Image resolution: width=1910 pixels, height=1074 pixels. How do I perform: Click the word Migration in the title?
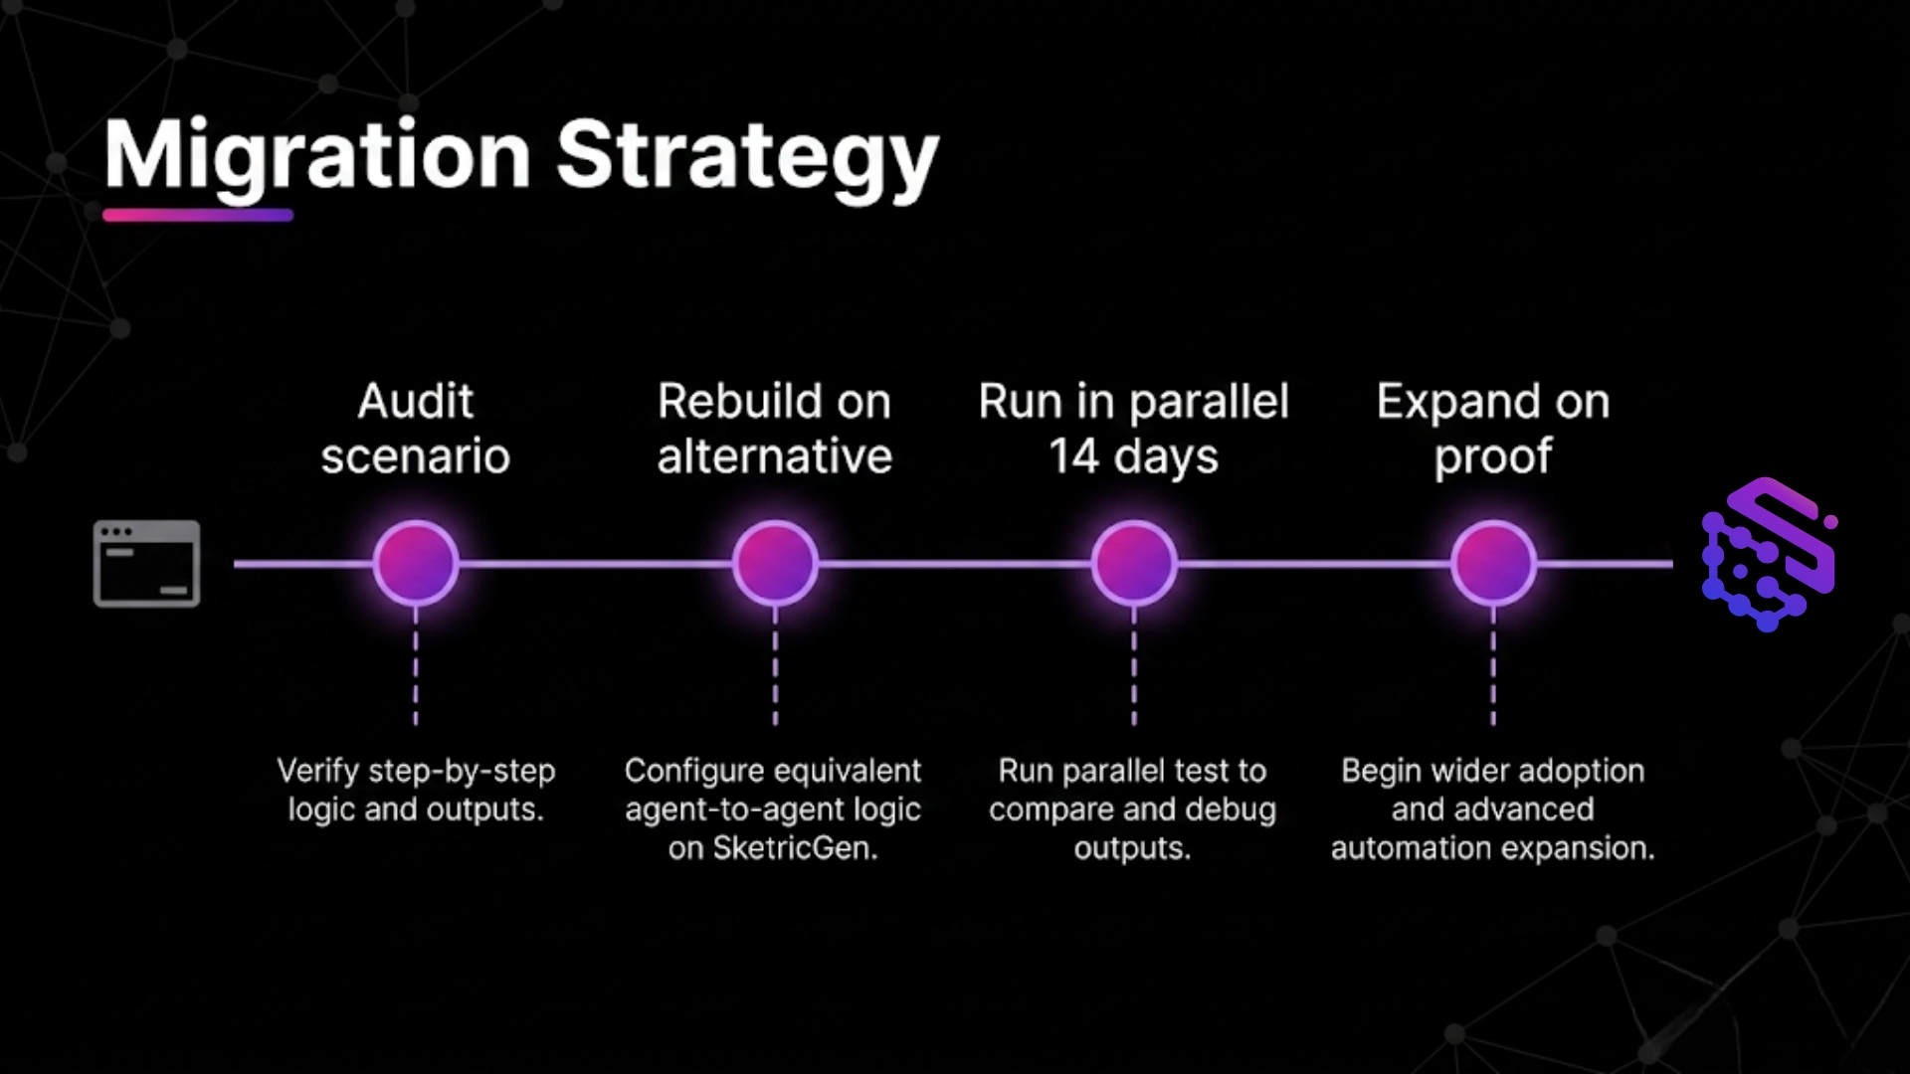pos(317,156)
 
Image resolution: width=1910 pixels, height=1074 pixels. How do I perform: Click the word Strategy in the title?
pos(747,156)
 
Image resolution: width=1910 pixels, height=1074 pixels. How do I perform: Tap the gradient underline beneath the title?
pos(198,215)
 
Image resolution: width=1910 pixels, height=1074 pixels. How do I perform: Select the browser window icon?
pos(146,563)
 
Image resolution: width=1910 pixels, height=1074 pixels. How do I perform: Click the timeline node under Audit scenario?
pos(416,563)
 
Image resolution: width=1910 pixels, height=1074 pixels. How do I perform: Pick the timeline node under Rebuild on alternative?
pos(775,563)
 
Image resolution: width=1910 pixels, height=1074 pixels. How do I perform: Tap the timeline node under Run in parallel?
pos(1134,563)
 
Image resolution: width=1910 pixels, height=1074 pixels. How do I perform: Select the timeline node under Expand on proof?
pos(1493,563)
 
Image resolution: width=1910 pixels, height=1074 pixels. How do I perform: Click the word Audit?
pos(416,402)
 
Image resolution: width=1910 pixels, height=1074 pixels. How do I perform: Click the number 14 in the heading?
pos(1073,456)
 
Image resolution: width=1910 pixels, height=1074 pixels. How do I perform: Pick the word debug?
pos(1232,810)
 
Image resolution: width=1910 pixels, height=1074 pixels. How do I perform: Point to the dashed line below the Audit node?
pos(416,666)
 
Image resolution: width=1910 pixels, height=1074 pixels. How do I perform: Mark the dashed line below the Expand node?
pos(1493,666)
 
